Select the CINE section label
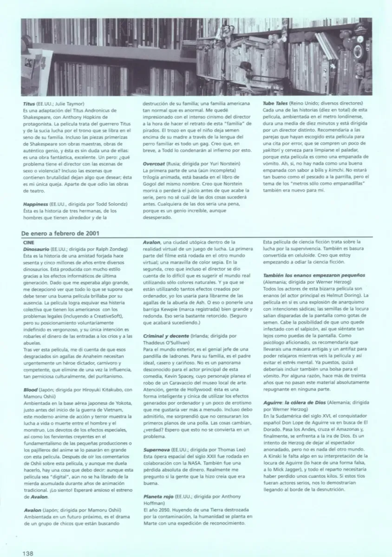pos(28,242)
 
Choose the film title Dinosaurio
pos(36,249)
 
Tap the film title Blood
pos(30,390)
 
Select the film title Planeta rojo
pos(158,496)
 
